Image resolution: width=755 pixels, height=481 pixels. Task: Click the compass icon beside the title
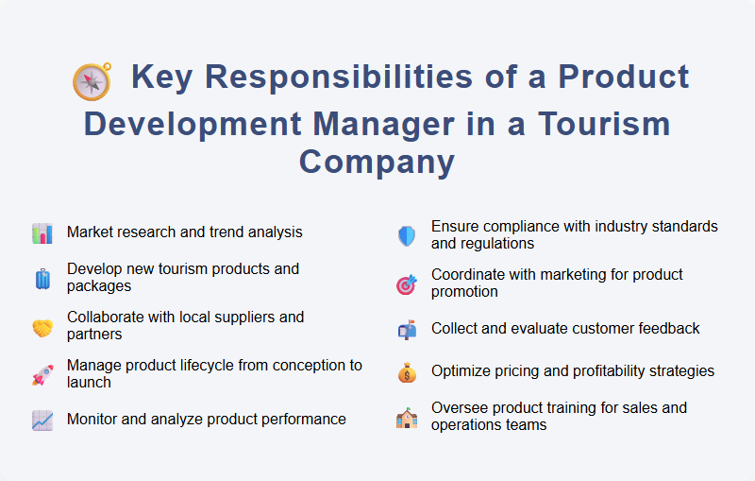coord(92,81)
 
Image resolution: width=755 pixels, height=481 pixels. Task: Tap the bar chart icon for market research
coord(42,232)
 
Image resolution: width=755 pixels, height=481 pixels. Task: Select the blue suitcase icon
coord(42,279)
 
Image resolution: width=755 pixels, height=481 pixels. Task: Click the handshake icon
coord(42,327)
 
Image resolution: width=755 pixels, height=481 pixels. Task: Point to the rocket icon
coord(42,375)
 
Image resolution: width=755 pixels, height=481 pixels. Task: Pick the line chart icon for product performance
coord(42,420)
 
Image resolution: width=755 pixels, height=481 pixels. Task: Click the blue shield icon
coord(407,236)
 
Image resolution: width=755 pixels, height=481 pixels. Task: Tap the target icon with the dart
coord(407,283)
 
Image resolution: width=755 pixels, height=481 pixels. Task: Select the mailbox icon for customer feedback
coord(407,330)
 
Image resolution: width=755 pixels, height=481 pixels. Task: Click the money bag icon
coord(407,372)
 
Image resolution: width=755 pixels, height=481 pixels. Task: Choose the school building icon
coord(407,418)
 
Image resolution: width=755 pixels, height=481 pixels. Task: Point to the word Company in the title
coord(377,162)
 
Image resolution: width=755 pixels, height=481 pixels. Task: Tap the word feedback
coord(662,329)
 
